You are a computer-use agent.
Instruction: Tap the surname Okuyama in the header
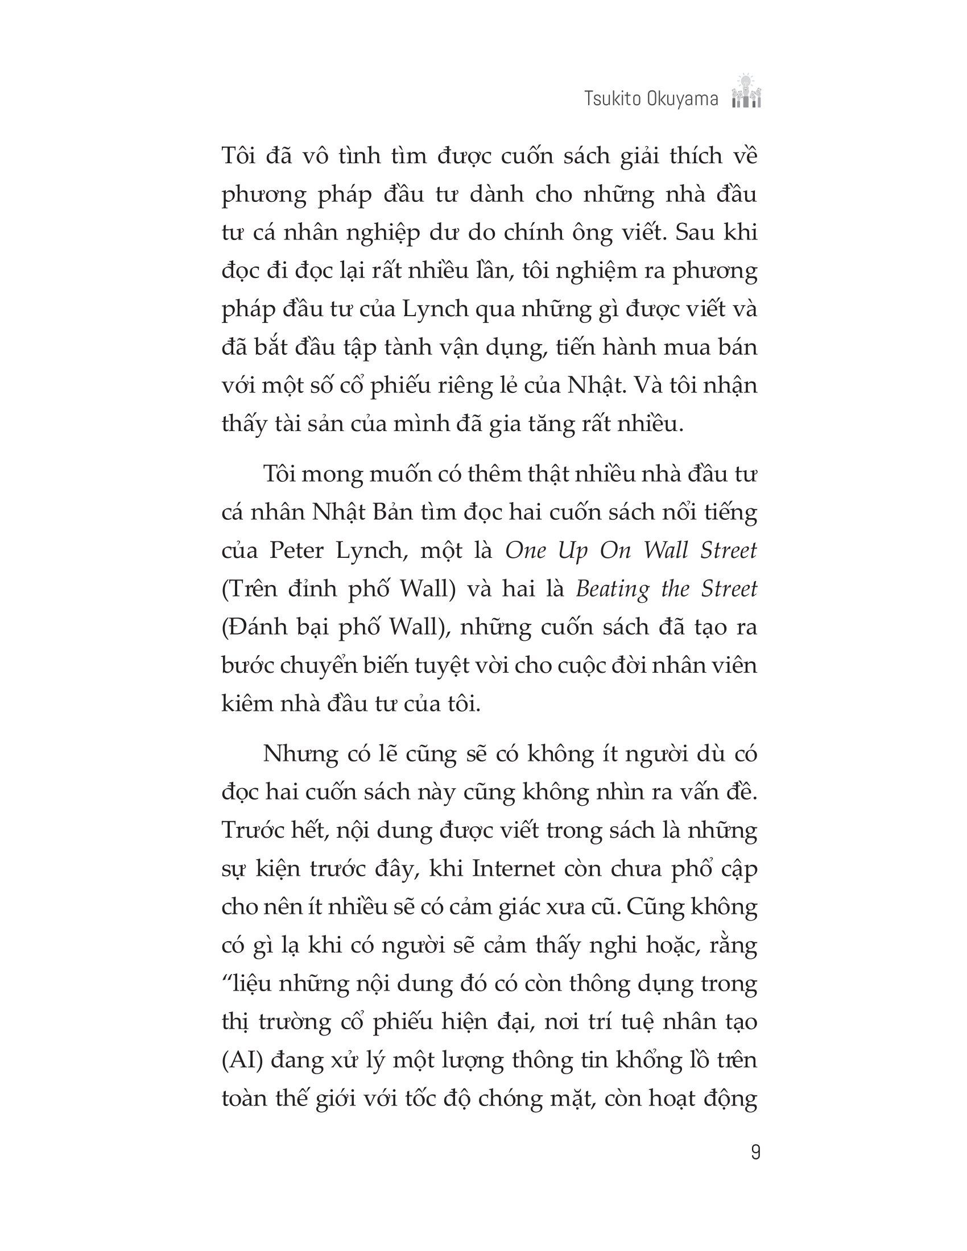coord(684,100)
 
